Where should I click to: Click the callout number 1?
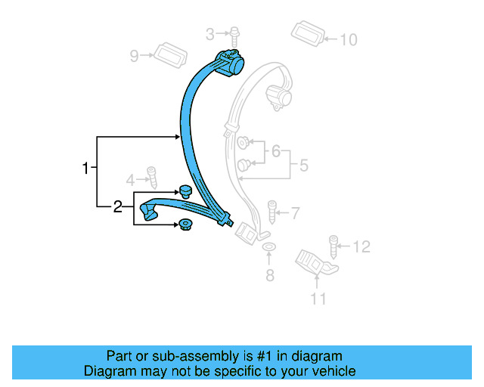pos(86,168)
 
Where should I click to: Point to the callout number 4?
pos(130,180)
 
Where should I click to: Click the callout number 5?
pos(303,164)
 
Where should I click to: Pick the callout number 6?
pos(276,152)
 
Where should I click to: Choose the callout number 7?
pos(296,213)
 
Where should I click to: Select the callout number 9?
pos(135,55)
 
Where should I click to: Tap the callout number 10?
pos(348,39)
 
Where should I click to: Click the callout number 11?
pos(318,299)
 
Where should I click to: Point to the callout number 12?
pos(362,246)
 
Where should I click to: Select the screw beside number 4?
pos(151,178)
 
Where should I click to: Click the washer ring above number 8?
pos(268,248)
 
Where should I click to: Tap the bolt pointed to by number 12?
pos(333,246)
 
